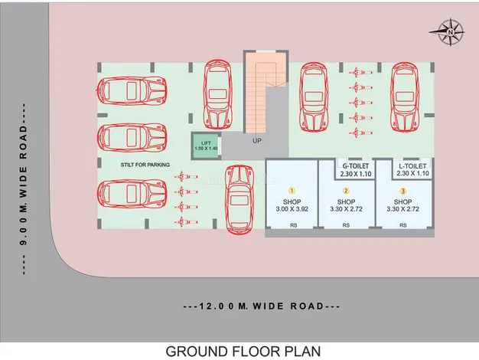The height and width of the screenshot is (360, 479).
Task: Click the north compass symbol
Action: [x=448, y=32]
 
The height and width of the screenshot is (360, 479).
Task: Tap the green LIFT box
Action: [x=205, y=146]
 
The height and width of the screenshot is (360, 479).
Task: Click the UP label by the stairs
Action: [x=257, y=141]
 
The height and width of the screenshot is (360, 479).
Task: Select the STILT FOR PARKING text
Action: [x=145, y=165]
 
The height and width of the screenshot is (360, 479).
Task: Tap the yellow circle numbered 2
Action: [x=346, y=190]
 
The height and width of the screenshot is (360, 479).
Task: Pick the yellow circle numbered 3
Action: [x=403, y=190]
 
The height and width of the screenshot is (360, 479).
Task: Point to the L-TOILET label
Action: [x=413, y=165]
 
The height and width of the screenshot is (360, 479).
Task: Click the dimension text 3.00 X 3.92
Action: [x=291, y=208]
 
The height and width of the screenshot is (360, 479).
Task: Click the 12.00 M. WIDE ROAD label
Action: [x=262, y=306]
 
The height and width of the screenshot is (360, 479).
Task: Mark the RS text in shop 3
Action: [x=403, y=225]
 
